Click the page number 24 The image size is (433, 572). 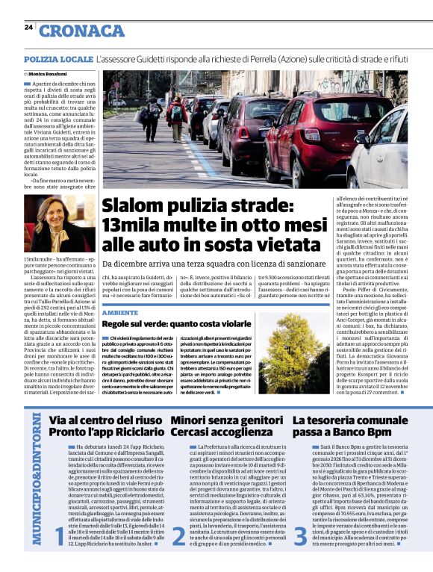28,27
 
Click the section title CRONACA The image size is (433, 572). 81,31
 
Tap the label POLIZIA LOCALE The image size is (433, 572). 57,58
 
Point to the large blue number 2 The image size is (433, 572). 178,535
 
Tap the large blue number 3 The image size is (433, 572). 299,535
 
